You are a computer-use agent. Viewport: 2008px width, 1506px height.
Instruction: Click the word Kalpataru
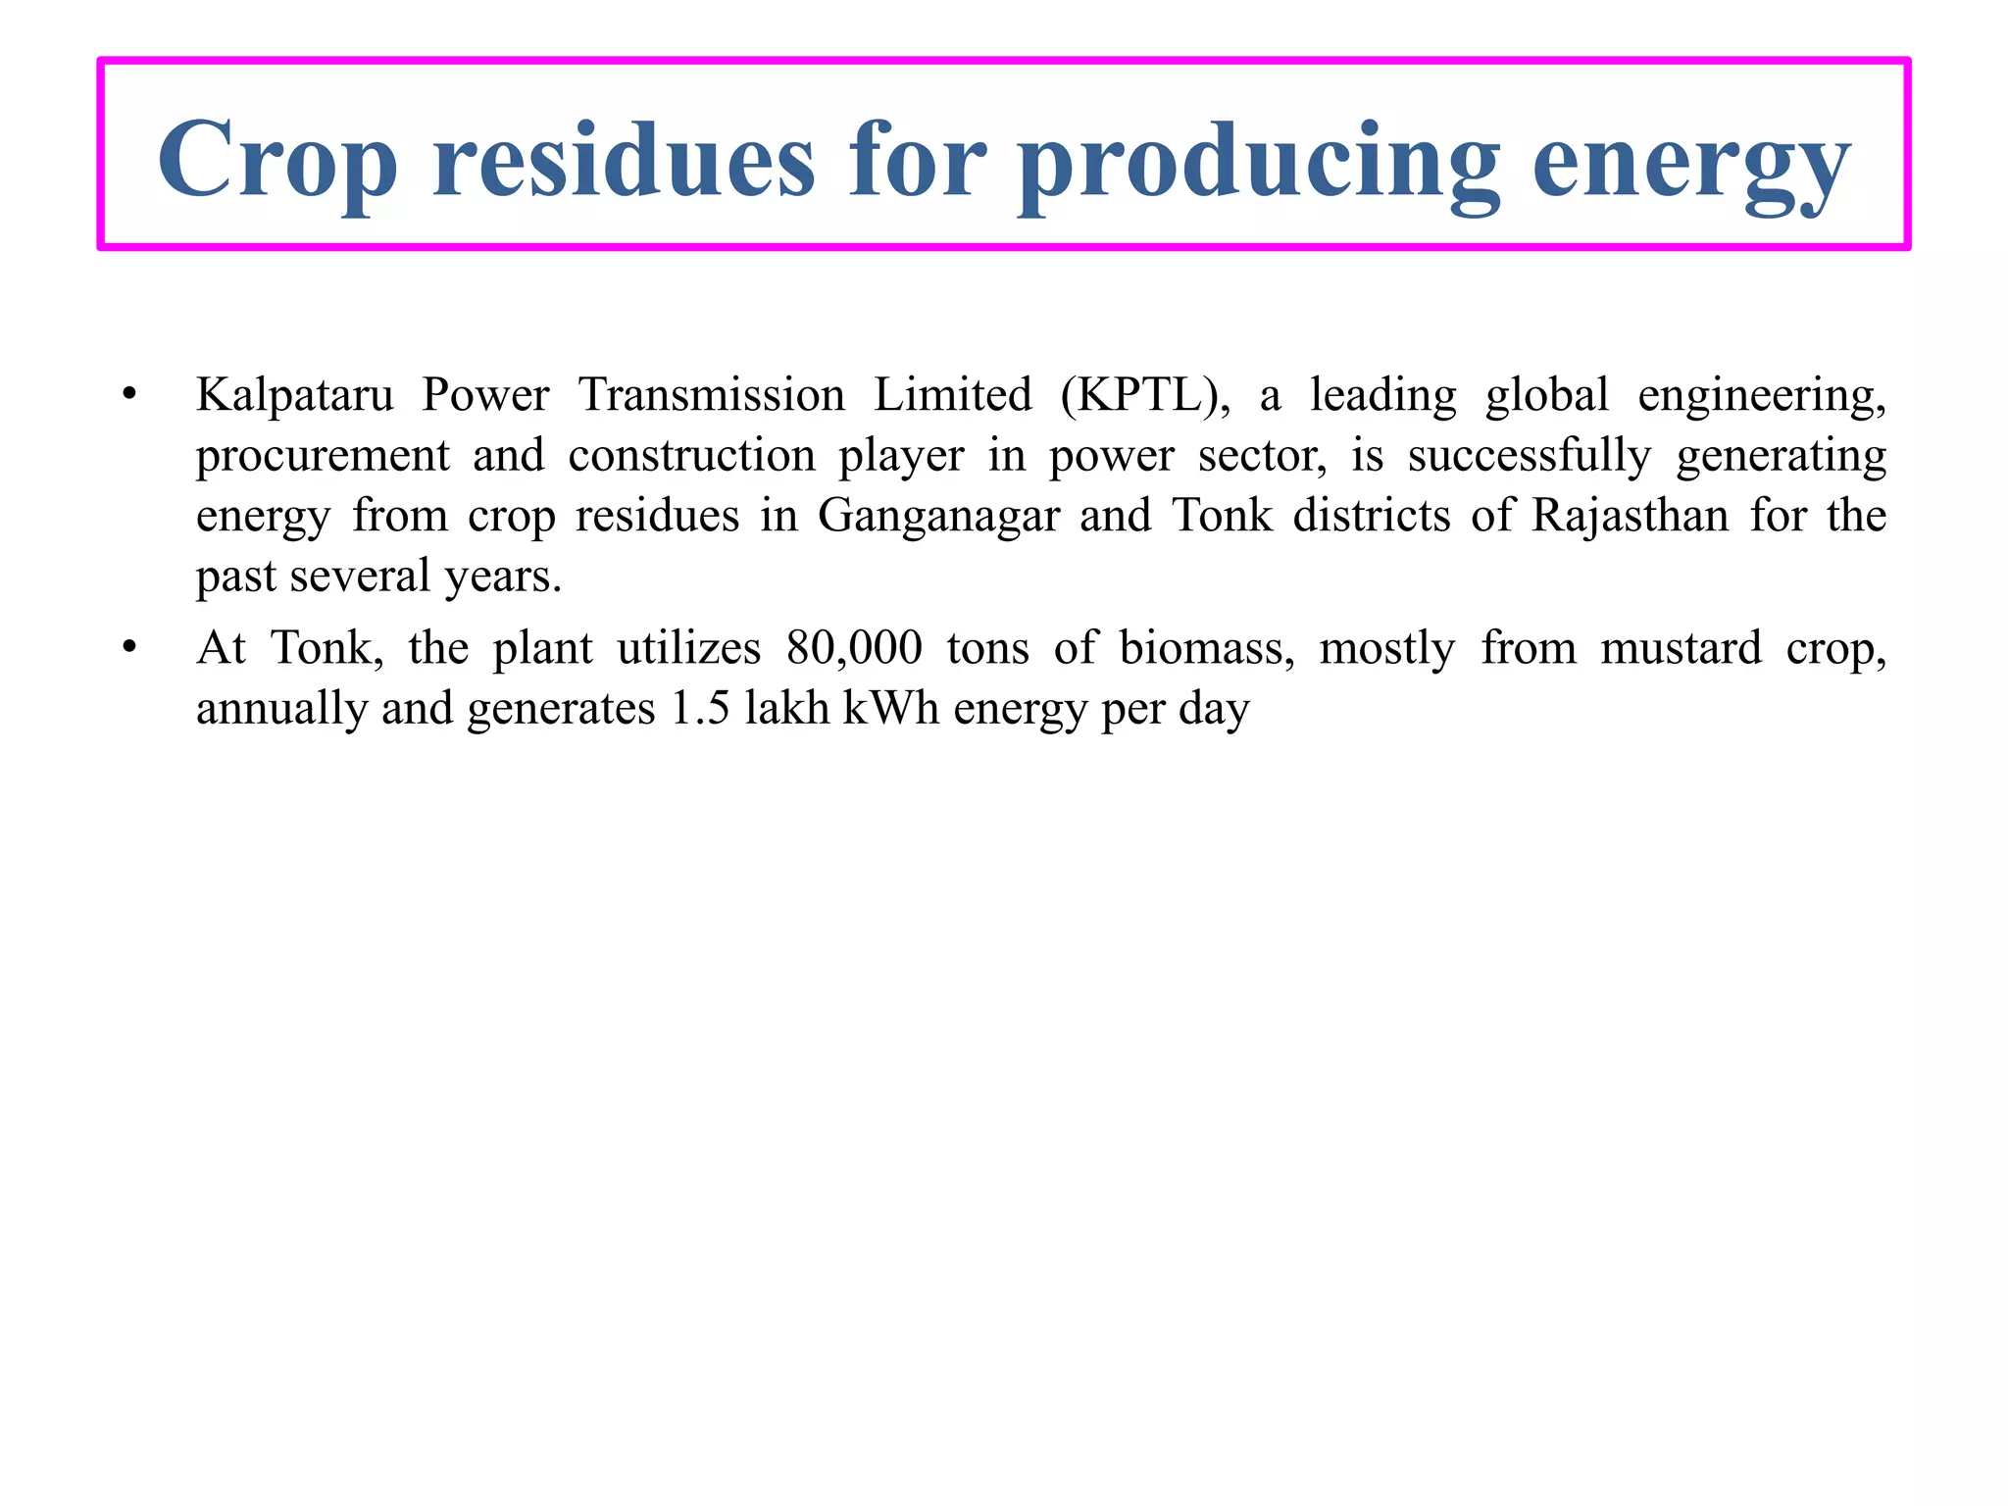click(x=294, y=396)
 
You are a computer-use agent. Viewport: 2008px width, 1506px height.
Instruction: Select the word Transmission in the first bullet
click(x=711, y=396)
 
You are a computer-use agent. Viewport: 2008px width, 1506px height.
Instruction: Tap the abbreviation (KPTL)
click(x=1145, y=396)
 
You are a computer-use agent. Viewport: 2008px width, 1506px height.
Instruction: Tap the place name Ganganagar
click(x=938, y=517)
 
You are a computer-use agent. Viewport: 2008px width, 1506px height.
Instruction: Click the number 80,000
click(x=854, y=649)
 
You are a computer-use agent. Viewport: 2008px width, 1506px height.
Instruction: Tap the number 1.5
click(x=700, y=709)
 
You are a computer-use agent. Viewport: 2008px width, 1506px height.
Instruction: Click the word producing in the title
click(x=1259, y=162)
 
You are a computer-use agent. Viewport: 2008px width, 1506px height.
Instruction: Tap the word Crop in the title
click(x=277, y=162)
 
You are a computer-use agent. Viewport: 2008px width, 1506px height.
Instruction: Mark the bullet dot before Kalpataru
click(x=128, y=396)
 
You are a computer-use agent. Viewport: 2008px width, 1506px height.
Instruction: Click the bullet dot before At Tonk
click(x=128, y=649)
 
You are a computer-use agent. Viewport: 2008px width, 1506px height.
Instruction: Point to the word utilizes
click(x=688, y=649)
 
